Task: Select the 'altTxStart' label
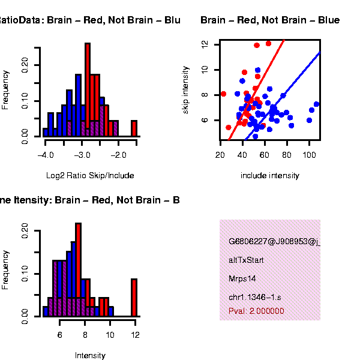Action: pos(246,260)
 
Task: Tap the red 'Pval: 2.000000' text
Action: pos(256,311)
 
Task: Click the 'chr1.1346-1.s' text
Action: pos(254,298)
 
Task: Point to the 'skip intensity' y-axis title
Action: pos(187,90)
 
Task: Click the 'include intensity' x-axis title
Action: pos(269,176)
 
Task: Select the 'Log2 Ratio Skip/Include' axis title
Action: pos(90,176)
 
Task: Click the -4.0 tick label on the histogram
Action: pos(46,155)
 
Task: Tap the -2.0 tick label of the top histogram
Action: pos(118,155)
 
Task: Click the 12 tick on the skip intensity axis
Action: pos(206,44)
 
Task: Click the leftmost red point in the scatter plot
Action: pos(223,94)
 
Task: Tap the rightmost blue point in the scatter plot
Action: pos(316,104)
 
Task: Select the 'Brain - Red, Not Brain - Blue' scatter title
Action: pos(270,20)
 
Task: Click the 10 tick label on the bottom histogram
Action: pos(110,335)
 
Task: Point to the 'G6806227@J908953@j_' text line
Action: pos(274,242)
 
